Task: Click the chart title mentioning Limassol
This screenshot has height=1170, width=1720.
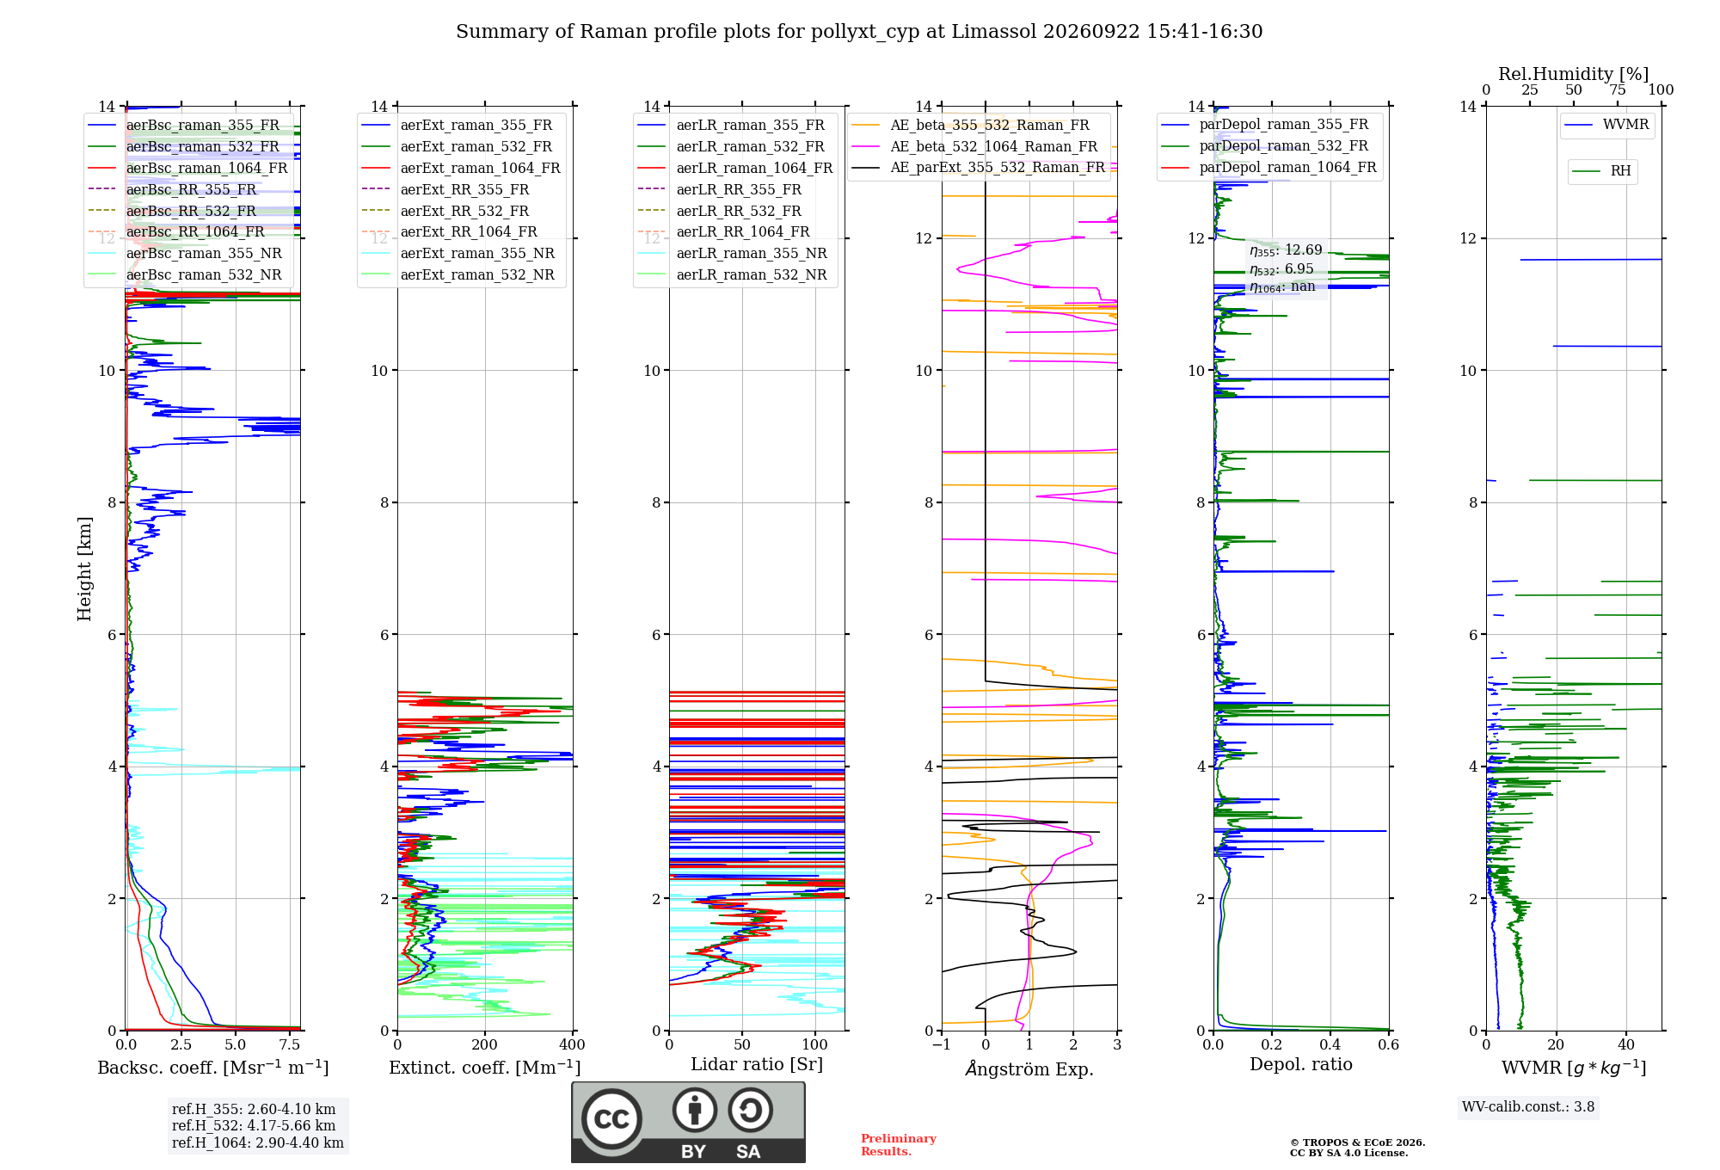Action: (859, 32)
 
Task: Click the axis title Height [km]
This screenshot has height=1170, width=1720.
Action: (84, 569)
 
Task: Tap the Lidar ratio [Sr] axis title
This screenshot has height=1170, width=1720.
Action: (757, 1064)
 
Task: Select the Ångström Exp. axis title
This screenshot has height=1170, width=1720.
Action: (1029, 1068)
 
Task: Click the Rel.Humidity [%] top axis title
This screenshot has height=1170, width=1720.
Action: (1574, 74)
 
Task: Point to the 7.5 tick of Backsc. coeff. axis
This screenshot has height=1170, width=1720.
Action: (290, 1044)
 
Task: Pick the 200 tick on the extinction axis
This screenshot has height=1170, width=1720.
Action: (485, 1044)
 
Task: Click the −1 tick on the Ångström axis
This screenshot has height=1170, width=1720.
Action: (942, 1044)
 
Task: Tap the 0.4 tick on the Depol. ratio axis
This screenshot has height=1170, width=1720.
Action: (1330, 1044)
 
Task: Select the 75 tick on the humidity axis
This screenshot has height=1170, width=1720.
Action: (1618, 89)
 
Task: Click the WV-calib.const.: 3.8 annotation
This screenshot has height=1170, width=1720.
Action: (1528, 1107)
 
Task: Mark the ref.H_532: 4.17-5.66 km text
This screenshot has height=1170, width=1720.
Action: (254, 1125)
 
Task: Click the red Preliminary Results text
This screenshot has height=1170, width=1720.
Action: (899, 1145)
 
